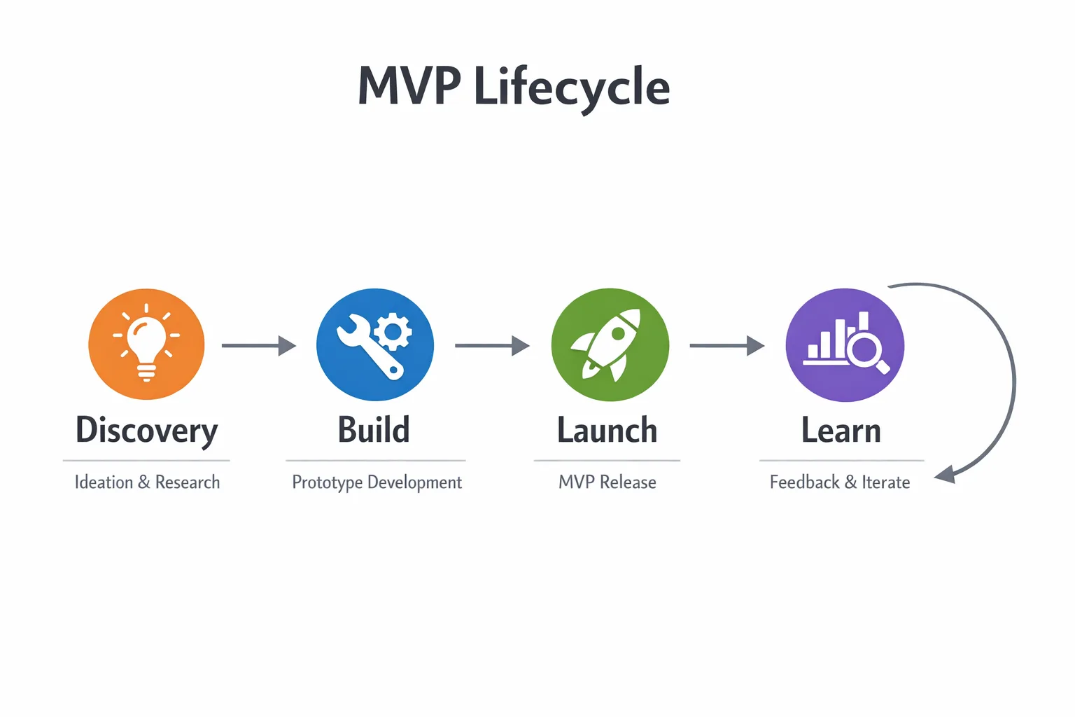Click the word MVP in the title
[409, 87]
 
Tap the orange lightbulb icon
[146, 344]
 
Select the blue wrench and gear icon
[375, 344]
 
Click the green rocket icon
[610, 344]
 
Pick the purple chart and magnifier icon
[845, 344]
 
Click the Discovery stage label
[146, 431]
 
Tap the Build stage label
[374, 430]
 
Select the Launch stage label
[607, 430]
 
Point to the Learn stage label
[841, 430]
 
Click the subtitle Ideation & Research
[147, 482]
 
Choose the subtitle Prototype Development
[377, 482]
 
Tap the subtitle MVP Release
[607, 482]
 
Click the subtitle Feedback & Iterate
[840, 482]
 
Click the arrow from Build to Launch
[492, 345]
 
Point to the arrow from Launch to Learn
[726, 345]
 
